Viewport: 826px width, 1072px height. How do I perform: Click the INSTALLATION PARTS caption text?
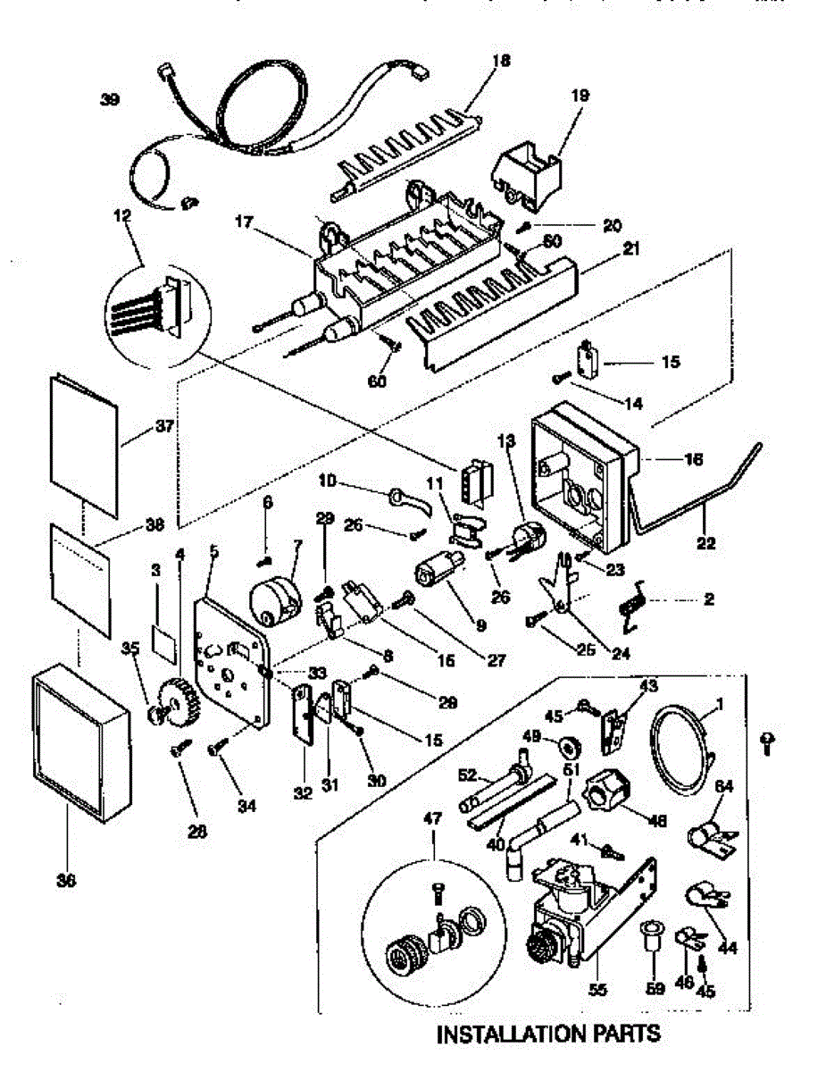[548, 1034]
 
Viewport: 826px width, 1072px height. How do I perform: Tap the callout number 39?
[110, 100]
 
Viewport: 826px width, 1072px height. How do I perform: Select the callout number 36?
[67, 881]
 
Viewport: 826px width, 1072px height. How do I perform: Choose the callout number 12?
[122, 215]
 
